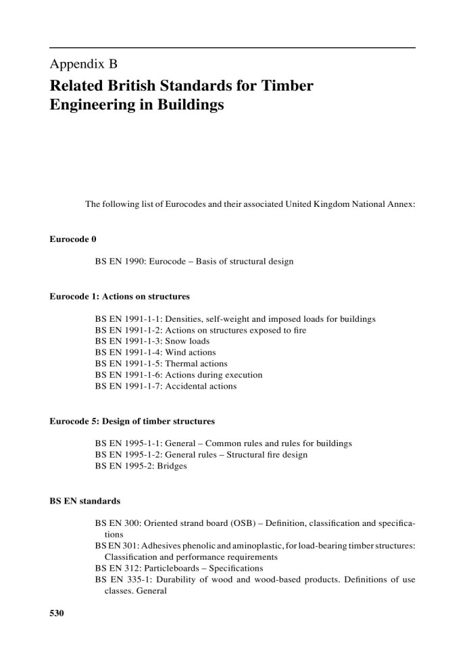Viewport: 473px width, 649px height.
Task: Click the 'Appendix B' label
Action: (x=84, y=65)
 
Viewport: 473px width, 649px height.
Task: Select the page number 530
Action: (x=57, y=613)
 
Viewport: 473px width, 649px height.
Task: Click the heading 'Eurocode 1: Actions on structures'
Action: (x=120, y=296)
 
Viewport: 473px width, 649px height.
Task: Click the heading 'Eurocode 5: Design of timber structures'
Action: (x=132, y=421)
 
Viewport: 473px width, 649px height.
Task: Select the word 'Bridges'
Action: (x=172, y=466)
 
